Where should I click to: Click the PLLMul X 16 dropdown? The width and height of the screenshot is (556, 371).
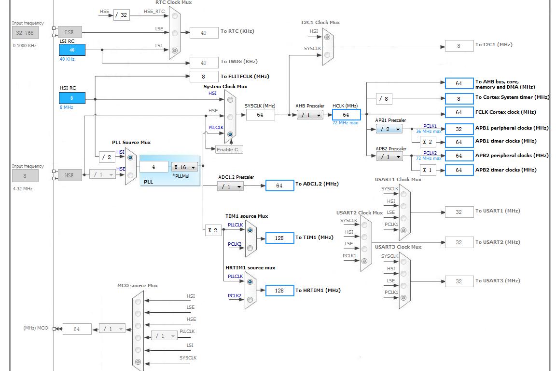point(184,167)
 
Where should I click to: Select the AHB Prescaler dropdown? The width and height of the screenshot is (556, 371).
point(310,115)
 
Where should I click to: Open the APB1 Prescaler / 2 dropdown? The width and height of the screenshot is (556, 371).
point(389,129)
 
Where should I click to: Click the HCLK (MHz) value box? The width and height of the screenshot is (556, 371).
point(346,115)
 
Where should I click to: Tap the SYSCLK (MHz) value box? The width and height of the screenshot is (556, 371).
point(260,115)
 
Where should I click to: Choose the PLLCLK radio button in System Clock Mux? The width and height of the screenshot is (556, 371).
point(230,134)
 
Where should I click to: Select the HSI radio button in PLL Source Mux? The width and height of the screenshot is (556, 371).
point(130,157)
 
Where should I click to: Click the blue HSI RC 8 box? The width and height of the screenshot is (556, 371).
point(72,98)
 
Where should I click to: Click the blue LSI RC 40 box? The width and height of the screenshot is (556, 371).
point(72,50)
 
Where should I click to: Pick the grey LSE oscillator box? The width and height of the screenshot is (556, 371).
point(69,32)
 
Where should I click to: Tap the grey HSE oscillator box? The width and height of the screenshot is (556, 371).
point(69,175)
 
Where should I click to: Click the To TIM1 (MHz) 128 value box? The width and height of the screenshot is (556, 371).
point(279,238)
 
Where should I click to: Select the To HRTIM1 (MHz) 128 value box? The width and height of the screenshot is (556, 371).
point(279,290)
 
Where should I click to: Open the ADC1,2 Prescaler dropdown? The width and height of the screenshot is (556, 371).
point(230,186)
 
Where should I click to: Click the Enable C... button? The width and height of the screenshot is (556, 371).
point(229,149)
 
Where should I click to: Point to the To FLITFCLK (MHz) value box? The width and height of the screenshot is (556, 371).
point(204,77)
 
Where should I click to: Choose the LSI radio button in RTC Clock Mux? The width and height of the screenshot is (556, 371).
point(174,50)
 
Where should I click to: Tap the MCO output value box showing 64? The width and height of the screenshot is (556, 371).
point(77,329)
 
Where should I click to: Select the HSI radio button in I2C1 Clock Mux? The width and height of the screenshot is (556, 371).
point(327,37)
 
